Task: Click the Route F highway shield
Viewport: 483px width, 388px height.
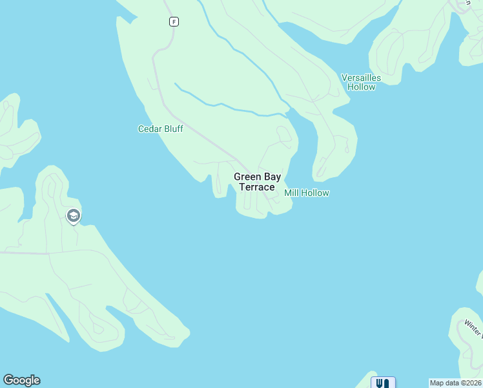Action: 174,22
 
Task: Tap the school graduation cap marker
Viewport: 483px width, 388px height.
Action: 74,215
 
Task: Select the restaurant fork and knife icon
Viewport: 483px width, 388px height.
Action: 382,383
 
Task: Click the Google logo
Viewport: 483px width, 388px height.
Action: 21,380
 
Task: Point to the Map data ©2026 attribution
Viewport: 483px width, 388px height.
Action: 456,383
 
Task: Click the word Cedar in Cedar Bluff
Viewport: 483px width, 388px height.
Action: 149,129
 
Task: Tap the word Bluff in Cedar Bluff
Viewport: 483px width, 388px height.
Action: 172,129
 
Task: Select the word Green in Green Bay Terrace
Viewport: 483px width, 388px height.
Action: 247,177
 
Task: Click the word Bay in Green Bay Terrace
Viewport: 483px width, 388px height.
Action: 272,177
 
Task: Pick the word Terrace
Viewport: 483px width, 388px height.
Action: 257,187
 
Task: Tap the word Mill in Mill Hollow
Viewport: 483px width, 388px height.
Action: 292,193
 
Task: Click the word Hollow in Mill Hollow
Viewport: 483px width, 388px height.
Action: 316,193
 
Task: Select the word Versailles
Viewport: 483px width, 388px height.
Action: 361,78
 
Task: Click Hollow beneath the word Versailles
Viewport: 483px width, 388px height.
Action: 361,87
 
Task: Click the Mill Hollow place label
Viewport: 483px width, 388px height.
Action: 307,193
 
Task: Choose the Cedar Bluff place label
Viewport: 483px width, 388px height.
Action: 161,129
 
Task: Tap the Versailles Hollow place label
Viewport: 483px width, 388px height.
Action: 361,82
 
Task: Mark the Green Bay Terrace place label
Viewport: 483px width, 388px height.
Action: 257,182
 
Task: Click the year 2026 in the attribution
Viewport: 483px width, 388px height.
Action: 472,383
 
